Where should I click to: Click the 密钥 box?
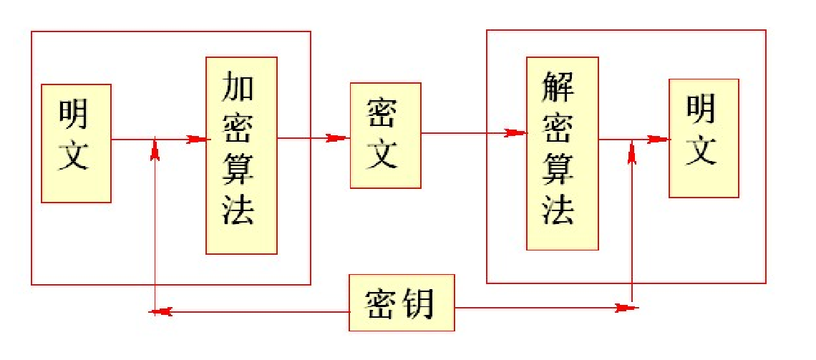pos(402,303)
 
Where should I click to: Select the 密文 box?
pos(385,135)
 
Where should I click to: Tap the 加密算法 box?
pos(241,155)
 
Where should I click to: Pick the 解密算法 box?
pos(562,153)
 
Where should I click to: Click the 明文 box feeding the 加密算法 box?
pos(76,143)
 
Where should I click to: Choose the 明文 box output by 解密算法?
pos(703,138)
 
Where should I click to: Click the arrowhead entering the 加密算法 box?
pos(196,139)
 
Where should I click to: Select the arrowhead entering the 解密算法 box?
pos(516,132)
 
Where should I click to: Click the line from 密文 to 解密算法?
pos(465,132)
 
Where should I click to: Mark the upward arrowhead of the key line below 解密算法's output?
pos(632,152)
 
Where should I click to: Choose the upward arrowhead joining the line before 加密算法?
pos(155,150)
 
